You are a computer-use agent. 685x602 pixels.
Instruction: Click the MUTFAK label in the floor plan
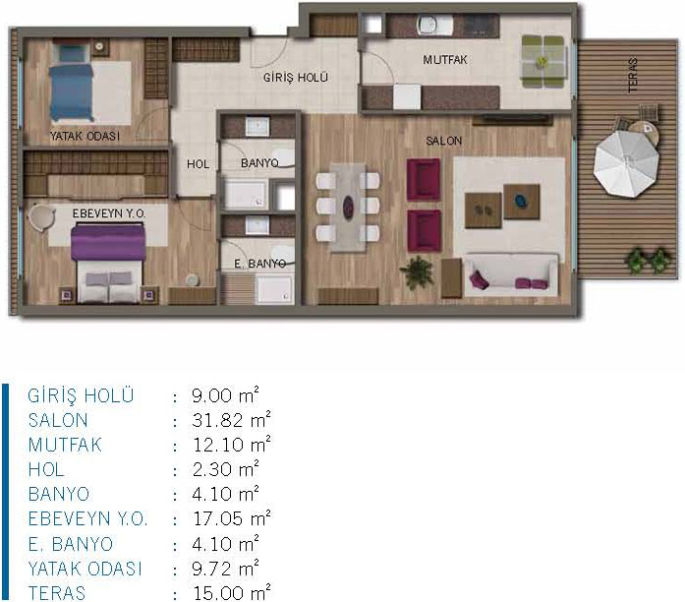(x=445, y=59)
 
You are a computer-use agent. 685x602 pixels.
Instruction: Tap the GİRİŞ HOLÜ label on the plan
(x=295, y=78)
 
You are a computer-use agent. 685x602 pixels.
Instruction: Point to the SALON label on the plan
(x=444, y=141)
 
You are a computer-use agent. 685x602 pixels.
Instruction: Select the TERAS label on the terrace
(x=633, y=75)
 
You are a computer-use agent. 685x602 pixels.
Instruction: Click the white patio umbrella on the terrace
(x=626, y=163)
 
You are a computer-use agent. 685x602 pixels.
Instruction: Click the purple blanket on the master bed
(x=108, y=242)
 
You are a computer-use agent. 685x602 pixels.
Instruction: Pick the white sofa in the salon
(x=511, y=274)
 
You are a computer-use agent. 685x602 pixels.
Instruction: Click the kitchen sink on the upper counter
(x=429, y=25)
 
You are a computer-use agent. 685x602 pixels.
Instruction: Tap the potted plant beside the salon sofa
(x=418, y=272)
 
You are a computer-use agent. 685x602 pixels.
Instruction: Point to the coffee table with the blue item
(x=522, y=201)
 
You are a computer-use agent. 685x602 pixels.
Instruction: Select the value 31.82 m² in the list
(x=231, y=420)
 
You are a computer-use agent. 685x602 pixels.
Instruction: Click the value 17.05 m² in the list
(x=232, y=518)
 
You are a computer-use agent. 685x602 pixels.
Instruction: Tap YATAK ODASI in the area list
(x=86, y=569)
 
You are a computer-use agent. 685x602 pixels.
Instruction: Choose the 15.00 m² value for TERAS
(x=232, y=592)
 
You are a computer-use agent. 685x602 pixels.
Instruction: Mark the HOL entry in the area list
(x=46, y=469)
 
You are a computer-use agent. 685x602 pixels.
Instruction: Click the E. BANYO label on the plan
(x=259, y=264)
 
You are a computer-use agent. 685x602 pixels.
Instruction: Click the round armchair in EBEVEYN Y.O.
(x=41, y=217)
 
